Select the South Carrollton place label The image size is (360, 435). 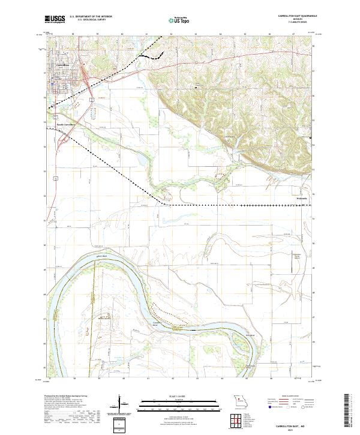click(67, 125)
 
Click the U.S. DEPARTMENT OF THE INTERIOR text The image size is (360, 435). click(91, 17)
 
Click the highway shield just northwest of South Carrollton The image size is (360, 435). click(54, 115)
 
